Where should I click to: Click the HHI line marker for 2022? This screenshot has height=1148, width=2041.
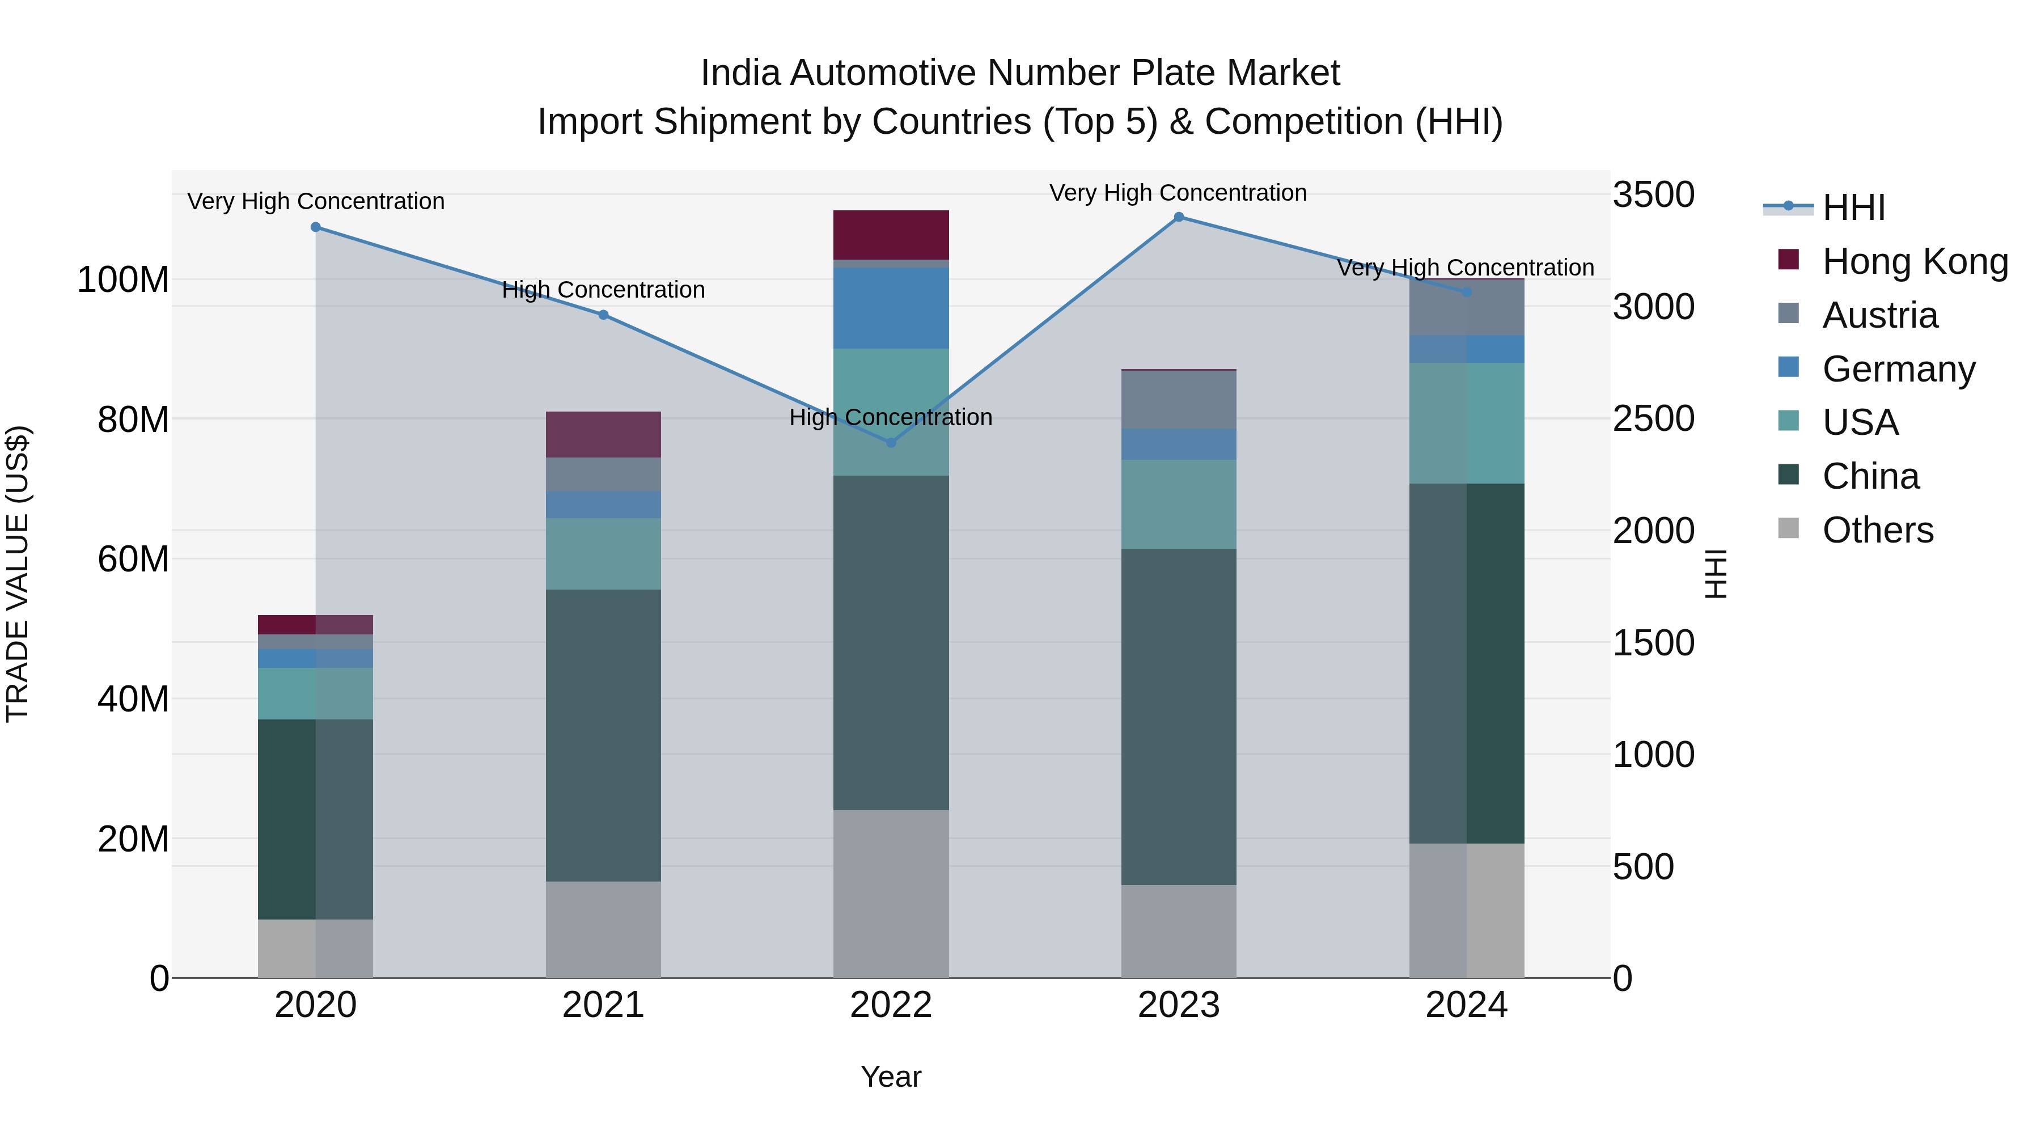(x=891, y=442)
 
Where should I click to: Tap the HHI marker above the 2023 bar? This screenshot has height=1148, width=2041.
(x=1178, y=217)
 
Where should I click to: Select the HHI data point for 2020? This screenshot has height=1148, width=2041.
(x=315, y=227)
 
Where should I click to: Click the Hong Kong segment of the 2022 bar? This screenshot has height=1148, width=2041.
(x=891, y=235)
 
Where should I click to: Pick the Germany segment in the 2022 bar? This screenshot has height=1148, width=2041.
(x=891, y=308)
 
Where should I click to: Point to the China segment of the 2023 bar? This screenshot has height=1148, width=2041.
(x=1178, y=717)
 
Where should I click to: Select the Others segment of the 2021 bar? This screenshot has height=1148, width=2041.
(x=603, y=929)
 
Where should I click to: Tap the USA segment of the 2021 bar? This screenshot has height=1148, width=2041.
(x=603, y=554)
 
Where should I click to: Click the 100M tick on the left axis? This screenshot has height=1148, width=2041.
(x=123, y=279)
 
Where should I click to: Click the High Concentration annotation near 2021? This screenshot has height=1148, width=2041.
(x=603, y=290)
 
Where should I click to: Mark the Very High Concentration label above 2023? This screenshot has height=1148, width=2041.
(x=1178, y=193)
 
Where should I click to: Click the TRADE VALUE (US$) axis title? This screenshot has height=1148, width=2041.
(x=18, y=574)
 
